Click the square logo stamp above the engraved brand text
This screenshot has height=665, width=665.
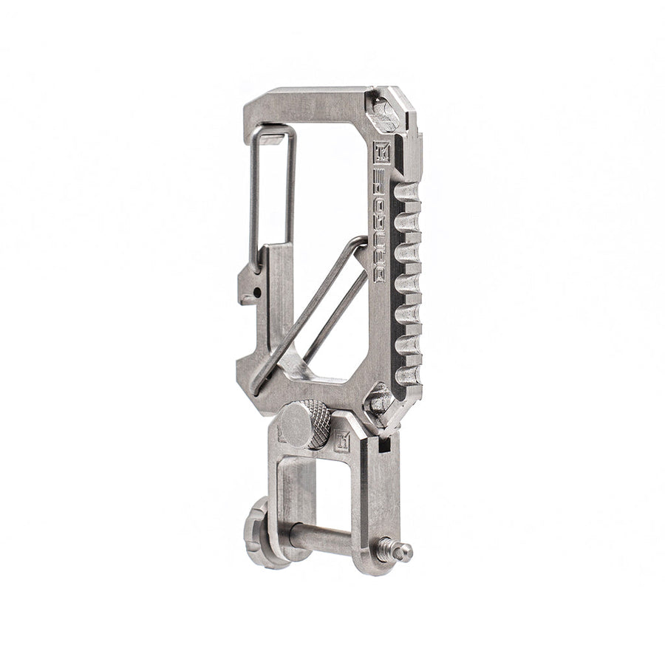tap(382, 149)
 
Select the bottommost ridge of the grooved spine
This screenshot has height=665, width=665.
tap(407, 375)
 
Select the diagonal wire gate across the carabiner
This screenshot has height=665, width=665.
tap(310, 310)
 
